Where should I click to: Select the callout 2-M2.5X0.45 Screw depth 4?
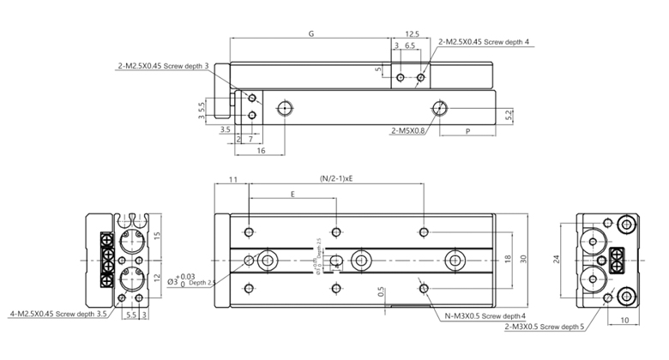485,41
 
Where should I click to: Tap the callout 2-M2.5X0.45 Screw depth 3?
164,65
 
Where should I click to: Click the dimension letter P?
467,131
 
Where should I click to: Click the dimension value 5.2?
509,113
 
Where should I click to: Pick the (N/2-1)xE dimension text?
336,179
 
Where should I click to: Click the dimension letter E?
292,195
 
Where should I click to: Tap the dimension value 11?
232,179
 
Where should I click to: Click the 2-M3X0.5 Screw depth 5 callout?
545,327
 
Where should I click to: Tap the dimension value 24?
557,258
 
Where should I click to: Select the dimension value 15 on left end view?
157,236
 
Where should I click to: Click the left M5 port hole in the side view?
285,108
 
